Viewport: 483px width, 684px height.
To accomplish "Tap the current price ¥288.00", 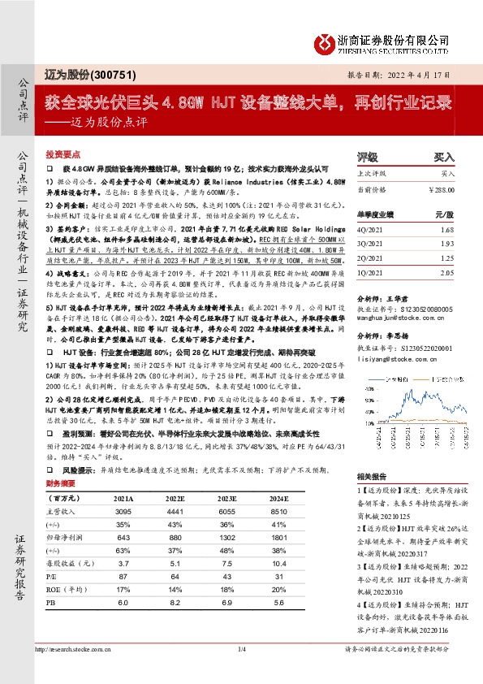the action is [438, 189].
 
